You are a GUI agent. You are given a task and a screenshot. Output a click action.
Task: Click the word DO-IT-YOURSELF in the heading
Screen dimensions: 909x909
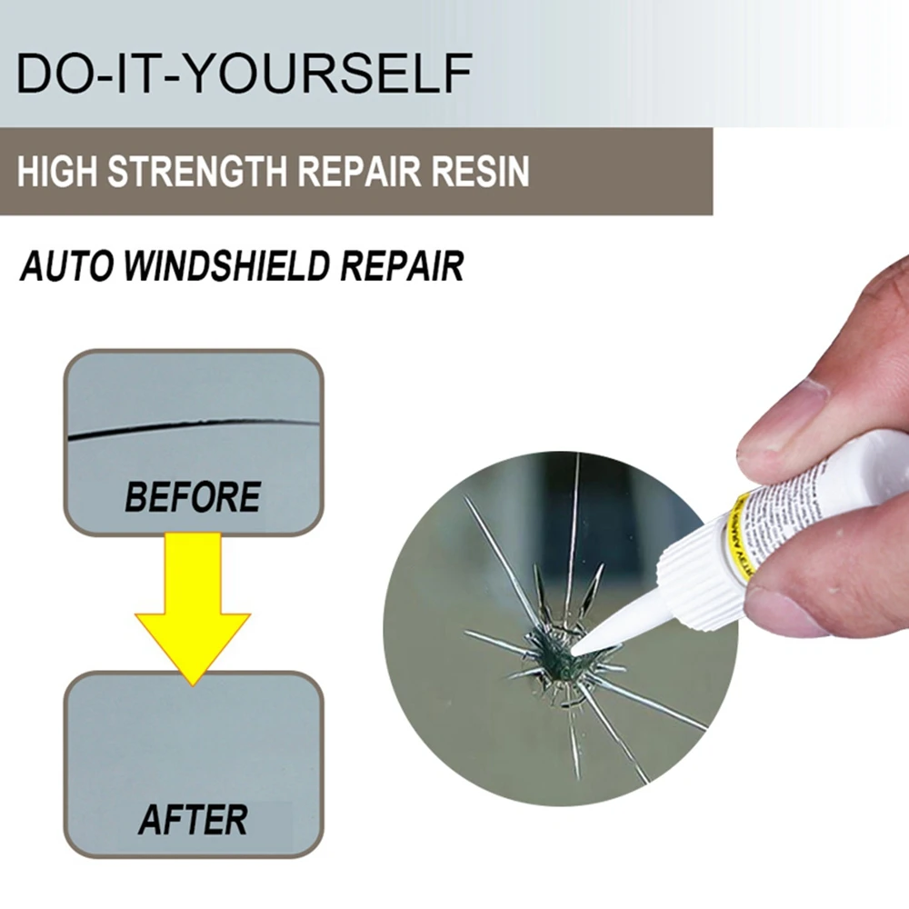(243, 74)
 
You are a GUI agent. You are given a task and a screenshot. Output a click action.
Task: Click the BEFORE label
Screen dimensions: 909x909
(193, 497)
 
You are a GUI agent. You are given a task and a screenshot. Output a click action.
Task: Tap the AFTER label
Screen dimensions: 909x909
(193, 820)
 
